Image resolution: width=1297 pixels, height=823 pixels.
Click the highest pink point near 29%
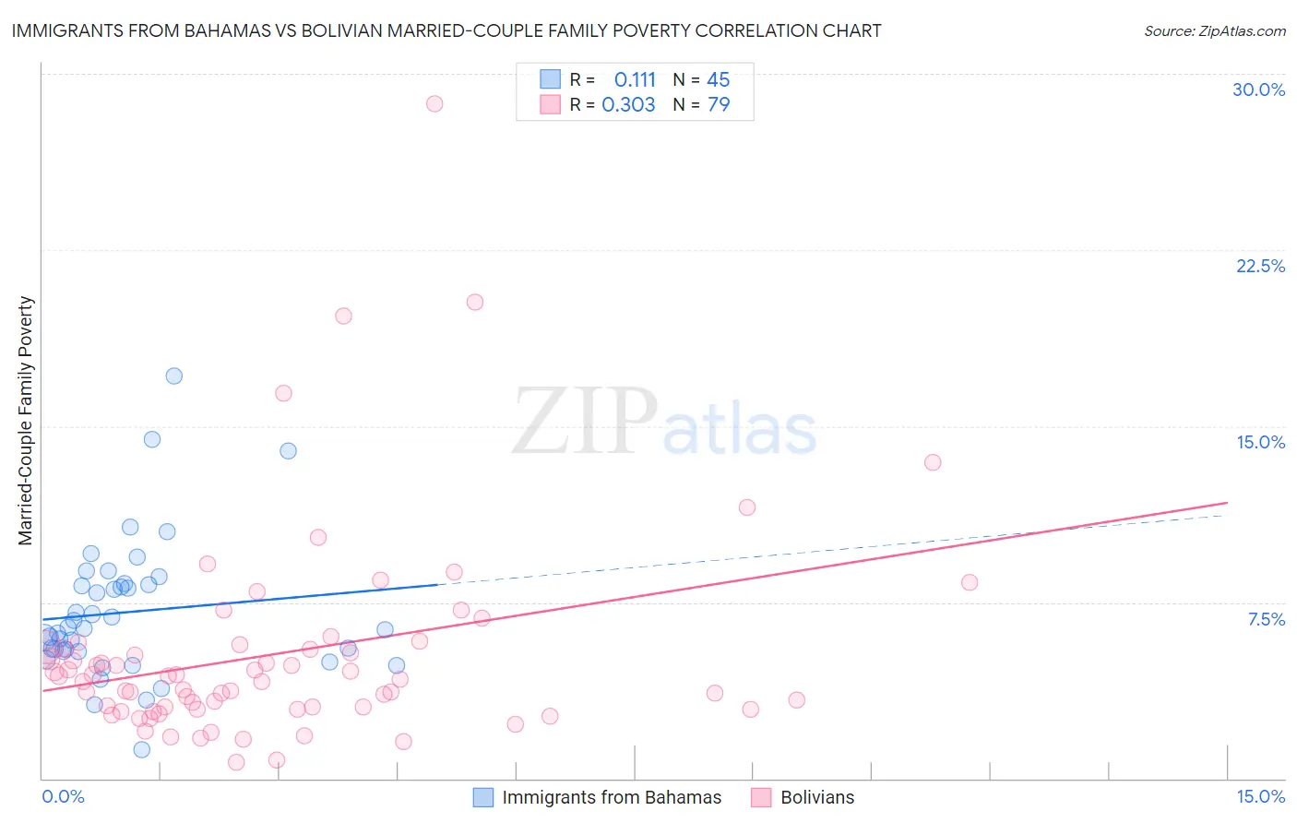[434, 103]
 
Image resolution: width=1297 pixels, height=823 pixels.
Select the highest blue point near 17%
[173, 376]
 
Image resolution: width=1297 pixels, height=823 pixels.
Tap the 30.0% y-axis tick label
[1258, 89]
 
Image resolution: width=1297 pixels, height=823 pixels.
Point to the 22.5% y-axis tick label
[1260, 266]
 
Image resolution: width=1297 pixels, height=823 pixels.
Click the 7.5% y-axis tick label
[1266, 619]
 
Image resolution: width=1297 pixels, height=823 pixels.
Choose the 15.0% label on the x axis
[1260, 796]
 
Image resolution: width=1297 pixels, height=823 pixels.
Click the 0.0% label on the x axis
[63, 796]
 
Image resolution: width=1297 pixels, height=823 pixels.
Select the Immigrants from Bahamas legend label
[612, 797]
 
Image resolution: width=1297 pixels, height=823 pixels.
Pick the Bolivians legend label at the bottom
[817, 797]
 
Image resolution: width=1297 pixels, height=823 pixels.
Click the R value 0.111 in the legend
[635, 80]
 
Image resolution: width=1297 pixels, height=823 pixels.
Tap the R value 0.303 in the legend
[628, 105]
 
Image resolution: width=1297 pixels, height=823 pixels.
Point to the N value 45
[718, 80]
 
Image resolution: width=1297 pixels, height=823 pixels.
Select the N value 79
[718, 105]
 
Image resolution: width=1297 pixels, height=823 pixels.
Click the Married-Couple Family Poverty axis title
[26, 421]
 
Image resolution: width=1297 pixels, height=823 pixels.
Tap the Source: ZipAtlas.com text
[1214, 31]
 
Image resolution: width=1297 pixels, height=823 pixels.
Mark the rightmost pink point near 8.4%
[969, 582]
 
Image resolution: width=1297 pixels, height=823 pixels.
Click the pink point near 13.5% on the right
[933, 462]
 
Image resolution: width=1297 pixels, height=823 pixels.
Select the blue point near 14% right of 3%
[288, 451]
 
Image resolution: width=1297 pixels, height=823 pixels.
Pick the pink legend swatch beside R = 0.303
[550, 104]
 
